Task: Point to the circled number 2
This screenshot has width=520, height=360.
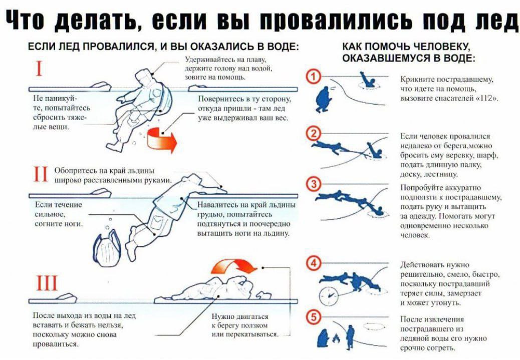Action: (314, 133)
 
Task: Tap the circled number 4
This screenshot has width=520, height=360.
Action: (314, 263)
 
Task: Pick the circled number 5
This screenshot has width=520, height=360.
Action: (314, 316)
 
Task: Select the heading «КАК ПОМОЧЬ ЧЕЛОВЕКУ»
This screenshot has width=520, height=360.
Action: (406, 47)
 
